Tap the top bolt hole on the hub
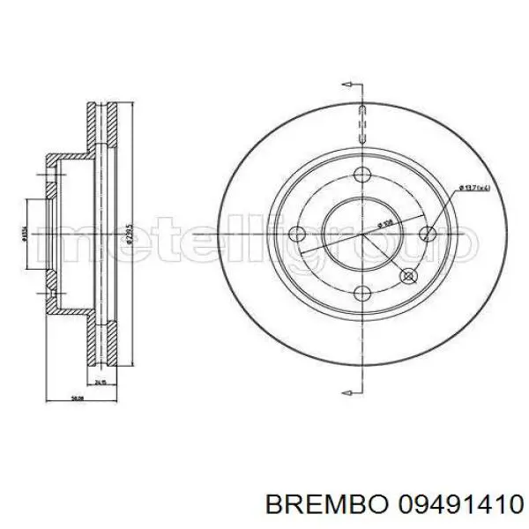pos(363,175)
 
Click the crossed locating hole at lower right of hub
pos(408,277)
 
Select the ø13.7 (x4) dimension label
pos(473,188)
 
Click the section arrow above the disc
pos(350,86)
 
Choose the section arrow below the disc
pos(350,384)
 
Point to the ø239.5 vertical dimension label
pos(130,235)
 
